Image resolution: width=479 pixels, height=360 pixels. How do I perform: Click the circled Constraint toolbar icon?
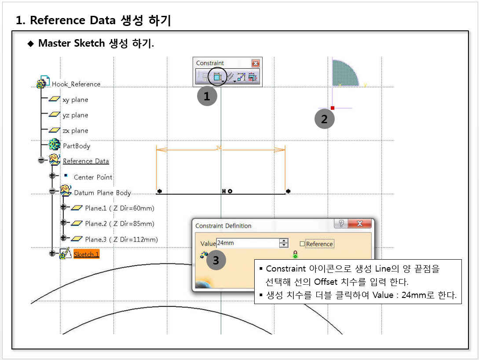tap(217, 77)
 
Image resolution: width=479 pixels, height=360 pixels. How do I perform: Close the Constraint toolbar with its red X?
tap(256, 63)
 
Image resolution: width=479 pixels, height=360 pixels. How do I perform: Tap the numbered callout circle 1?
tap(207, 96)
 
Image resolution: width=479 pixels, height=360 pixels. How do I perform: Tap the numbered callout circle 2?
tap(325, 119)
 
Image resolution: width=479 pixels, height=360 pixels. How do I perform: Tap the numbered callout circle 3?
tap(216, 261)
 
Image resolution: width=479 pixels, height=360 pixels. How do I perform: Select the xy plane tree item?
tap(75, 99)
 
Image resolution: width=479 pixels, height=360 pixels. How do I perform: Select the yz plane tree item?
tap(75, 115)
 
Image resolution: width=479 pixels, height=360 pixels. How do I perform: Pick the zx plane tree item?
tap(75, 131)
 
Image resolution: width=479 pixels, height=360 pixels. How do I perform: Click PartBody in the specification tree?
tap(77, 146)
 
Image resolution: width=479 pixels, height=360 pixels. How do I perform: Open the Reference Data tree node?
tap(86, 161)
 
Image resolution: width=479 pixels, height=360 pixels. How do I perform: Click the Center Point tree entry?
tap(93, 177)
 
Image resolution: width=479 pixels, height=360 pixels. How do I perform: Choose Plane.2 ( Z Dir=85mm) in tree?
tap(120, 224)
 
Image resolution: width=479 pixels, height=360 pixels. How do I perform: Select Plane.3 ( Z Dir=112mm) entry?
tap(121, 239)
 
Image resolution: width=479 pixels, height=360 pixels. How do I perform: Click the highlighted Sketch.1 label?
tap(87, 254)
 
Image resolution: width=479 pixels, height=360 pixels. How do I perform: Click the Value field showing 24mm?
tap(248, 243)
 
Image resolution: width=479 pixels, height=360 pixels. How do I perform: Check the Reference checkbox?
tap(303, 244)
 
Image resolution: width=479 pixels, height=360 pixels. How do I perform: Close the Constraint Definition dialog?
tap(359, 224)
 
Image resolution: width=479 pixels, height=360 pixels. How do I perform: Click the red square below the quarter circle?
tap(333, 108)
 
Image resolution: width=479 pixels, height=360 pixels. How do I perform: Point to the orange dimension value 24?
tap(219, 148)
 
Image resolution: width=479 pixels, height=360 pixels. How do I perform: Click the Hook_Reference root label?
tap(76, 84)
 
